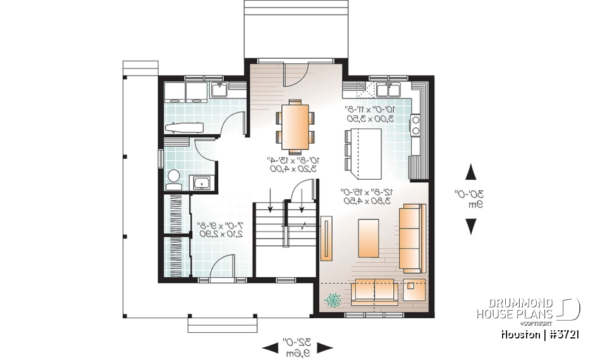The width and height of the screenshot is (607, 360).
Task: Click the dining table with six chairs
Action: tap(295, 126)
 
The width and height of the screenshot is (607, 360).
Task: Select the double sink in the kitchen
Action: tap(384, 90)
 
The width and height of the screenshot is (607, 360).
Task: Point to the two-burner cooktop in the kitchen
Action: tap(415, 125)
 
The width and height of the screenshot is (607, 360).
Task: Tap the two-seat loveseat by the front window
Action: tap(374, 290)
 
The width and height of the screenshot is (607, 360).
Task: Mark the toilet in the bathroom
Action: tap(174, 177)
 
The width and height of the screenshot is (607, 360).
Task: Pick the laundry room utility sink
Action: tap(219, 90)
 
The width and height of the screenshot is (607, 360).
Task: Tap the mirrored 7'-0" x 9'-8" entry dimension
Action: tap(218, 229)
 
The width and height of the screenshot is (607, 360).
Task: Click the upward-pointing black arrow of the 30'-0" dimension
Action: tap(471, 172)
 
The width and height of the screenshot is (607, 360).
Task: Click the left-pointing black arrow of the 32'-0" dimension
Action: tap(269, 347)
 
